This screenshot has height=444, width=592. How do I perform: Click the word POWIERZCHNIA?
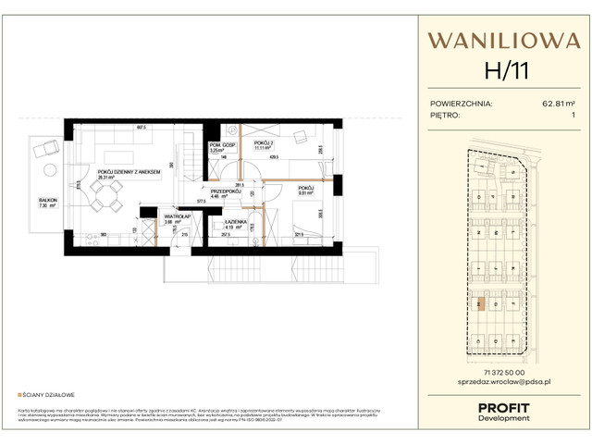(x=462, y=105)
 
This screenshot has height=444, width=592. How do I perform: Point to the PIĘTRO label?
(x=448, y=116)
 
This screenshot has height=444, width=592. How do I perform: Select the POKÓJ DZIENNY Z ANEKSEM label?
(x=129, y=172)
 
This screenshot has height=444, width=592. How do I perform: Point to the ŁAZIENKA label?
(x=237, y=223)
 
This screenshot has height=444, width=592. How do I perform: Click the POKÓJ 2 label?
(x=265, y=143)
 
